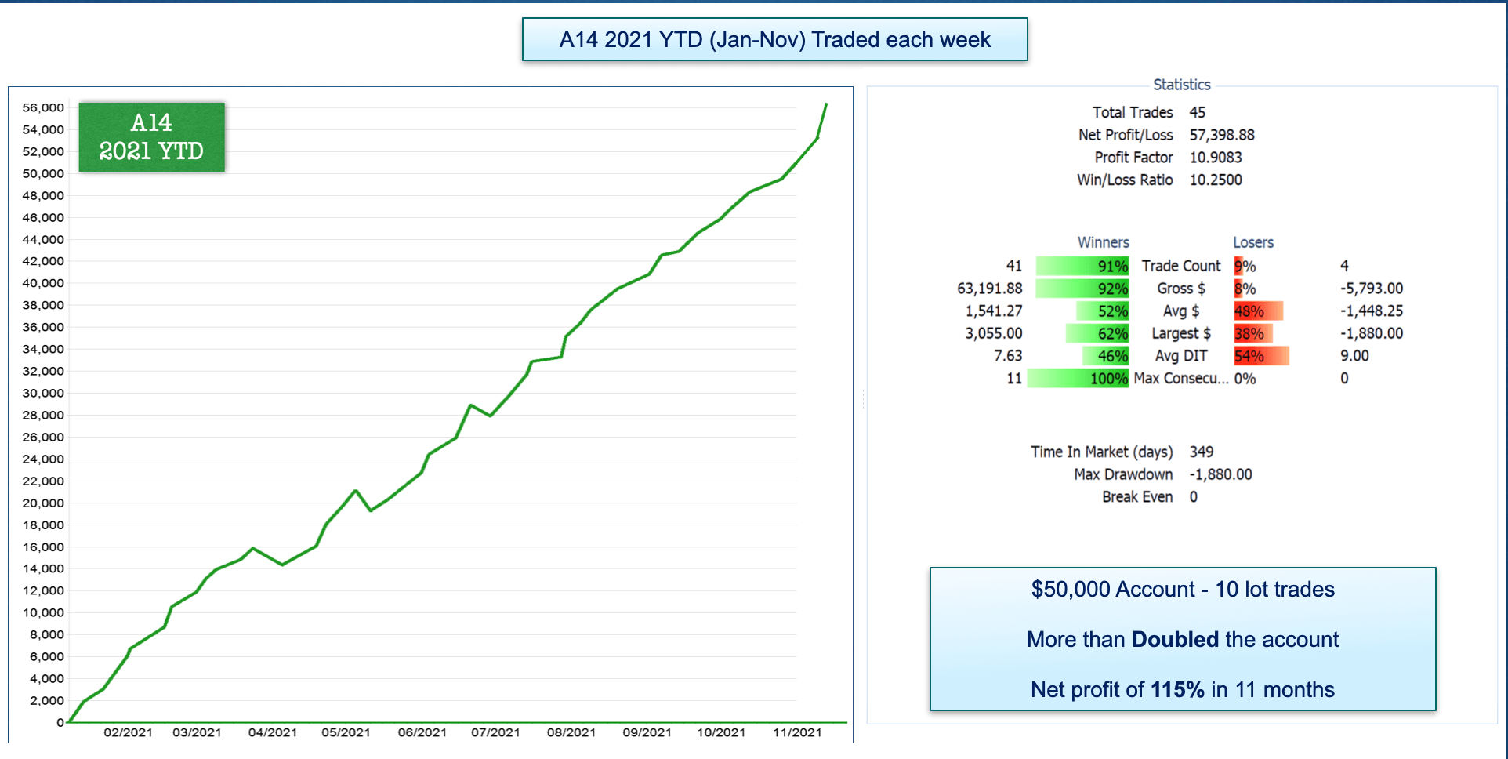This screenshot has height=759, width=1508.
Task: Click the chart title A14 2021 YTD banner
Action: [774, 39]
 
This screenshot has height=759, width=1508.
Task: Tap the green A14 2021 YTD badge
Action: [151, 137]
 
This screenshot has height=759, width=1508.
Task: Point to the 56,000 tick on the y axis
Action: [43, 107]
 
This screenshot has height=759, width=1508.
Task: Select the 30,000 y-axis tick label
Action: [43, 393]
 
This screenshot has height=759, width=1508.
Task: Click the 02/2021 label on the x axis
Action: [128, 732]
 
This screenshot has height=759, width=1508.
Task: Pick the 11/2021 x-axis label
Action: [797, 732]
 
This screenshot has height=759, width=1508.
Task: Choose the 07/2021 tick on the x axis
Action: [495, 732]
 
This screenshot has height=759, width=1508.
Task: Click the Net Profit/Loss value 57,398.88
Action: [1222, 135]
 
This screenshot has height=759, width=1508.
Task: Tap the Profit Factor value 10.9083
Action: [1216, 158]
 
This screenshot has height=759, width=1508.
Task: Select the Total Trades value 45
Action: [1198, 112]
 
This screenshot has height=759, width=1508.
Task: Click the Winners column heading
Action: [1103, 242]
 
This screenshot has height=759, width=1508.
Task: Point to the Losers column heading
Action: [1253, 242]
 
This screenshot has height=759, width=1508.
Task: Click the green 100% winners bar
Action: [1078, 379]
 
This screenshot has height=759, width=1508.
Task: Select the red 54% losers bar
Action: [1261, 356]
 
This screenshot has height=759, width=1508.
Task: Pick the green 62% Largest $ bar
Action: [1097, 334]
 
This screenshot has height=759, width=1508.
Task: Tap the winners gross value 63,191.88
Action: [989, 289]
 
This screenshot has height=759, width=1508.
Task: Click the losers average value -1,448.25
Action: [1372, 311]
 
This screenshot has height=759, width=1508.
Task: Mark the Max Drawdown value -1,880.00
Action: [1220, 474]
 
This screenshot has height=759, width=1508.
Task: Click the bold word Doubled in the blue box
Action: [1175, 639]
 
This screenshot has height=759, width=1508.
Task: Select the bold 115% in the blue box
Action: [1177, 689]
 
